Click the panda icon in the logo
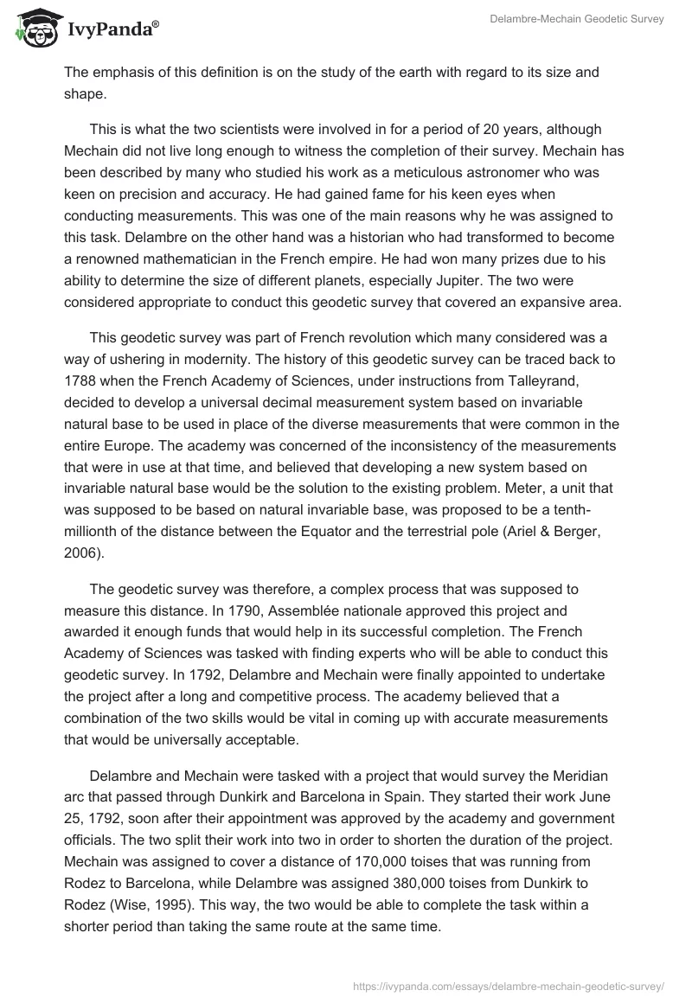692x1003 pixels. [34, 28]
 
